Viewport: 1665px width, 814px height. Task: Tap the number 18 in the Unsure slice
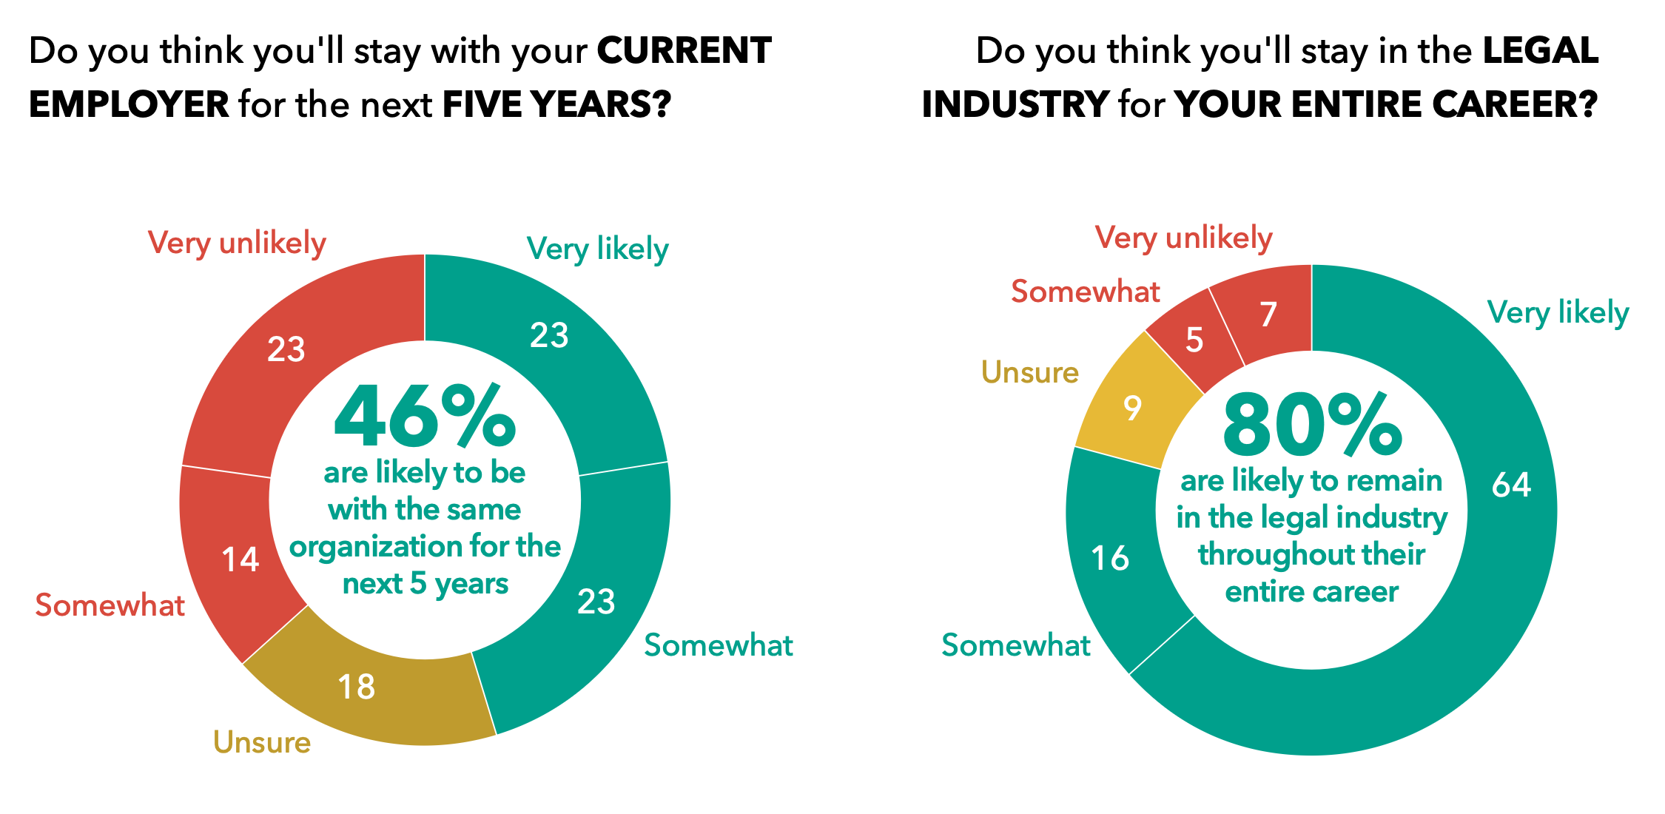tap(356, 687)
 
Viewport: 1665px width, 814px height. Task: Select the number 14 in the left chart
tap(240, 559)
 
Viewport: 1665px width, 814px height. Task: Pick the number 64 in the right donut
tap(1511, 485)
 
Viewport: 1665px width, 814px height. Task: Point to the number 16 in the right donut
tap(1110, 558)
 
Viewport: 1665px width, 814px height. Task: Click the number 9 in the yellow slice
tap(1132, 408)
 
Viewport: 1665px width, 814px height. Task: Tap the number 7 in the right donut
tap(1268, 314)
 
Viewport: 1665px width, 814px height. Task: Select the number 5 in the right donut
tap(1194, 340)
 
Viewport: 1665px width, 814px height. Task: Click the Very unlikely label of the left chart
tap(237, 243)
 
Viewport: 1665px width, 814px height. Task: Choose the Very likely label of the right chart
tap(1558, 312)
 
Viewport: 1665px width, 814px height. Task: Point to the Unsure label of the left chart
tap(262, 742)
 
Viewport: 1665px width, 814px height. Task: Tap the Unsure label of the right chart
tap(1029, 372)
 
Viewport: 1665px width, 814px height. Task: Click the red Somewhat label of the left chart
tap(110, 605)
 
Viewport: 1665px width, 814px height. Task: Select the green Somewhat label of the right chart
tap(1015, 645)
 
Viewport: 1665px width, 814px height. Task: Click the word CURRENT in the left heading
tap(684, 50)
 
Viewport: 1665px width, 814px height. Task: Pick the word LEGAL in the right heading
tap(1541, 50)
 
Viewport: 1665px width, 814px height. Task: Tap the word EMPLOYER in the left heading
tap(129, 104)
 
